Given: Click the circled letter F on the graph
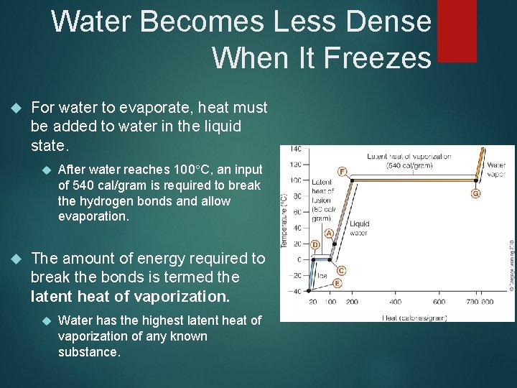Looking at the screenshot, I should click(342, 171).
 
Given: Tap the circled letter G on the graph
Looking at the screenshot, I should click(476, 193).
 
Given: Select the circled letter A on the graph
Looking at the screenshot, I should click(329, 234).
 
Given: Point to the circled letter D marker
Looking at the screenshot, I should click(315, 245).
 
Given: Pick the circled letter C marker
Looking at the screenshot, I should click(341, 270).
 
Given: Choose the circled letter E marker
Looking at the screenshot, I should click(337, 283).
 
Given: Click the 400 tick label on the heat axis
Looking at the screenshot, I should click(395, 302).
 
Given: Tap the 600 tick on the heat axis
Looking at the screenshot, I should click(439, 302).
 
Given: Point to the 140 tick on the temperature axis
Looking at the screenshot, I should click(295, 149).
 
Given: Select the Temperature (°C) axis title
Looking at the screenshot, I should click(284, 219).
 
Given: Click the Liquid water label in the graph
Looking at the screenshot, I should click(359, 228).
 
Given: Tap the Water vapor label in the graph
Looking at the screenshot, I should click(496, 170).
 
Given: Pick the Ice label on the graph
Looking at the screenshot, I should click(322, 275).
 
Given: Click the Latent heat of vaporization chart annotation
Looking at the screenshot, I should click(409, 161).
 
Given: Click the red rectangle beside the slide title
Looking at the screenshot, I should click(457, 31).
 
